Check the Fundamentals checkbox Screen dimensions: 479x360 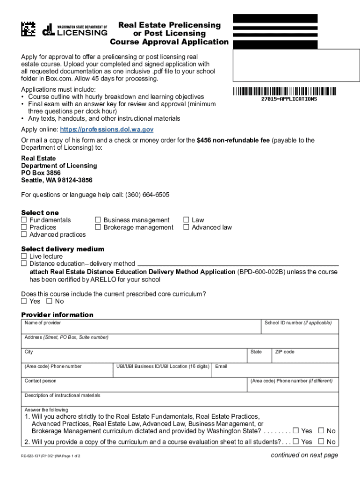24,220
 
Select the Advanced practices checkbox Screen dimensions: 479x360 24,234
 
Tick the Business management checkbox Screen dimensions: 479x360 98,220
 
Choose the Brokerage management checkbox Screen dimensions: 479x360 98,227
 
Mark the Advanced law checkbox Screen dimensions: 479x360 186,227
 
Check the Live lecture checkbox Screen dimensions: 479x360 24,256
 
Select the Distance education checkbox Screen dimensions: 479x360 24,264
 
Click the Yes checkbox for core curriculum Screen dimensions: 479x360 24,301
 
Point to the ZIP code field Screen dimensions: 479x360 305,357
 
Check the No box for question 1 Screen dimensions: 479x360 321,431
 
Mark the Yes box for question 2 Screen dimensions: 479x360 295,442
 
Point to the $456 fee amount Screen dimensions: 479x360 204,140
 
